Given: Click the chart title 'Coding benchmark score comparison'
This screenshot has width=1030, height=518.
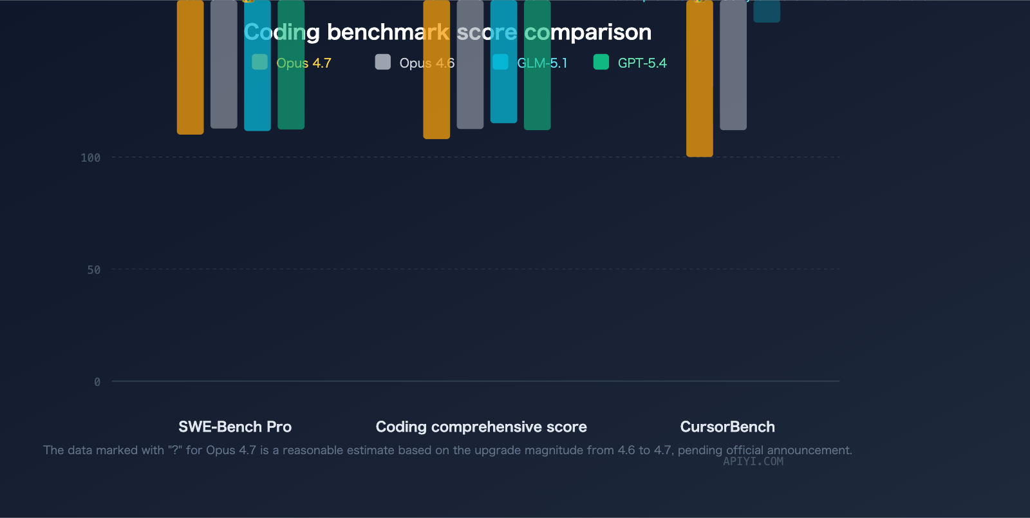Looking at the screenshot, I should point(447,32).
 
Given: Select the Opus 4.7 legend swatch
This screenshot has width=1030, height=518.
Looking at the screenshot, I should point(259,62).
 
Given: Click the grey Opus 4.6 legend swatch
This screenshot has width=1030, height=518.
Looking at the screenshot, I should point(383,62).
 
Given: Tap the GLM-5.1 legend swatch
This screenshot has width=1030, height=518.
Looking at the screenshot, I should point(500,62).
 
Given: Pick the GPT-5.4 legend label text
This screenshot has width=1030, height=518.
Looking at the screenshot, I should point(642,63).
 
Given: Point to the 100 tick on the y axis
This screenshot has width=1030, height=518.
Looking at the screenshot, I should point(91,158).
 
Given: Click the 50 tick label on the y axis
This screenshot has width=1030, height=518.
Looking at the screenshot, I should point(94,270).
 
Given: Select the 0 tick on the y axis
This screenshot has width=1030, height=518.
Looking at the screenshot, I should point(97,382).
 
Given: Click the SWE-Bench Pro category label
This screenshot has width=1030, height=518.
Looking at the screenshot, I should point(235,427).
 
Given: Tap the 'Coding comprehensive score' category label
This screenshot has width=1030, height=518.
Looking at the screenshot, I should point(481,427).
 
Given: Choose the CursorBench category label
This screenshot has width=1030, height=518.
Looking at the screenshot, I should point(727,427).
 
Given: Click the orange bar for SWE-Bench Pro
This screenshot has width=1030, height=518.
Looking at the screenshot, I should point(191,97).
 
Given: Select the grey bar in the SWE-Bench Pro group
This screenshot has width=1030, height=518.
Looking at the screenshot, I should point(224,97).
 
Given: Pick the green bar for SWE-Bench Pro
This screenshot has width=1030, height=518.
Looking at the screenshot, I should point(291,97).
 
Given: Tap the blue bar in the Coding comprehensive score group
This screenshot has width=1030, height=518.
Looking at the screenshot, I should point(503,97).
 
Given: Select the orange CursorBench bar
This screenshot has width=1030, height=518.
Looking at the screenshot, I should point(700,97).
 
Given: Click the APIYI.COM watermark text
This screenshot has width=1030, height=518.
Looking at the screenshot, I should point(753,461).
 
